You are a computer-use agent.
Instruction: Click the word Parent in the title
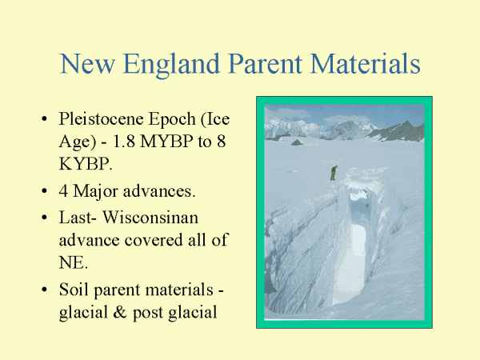(x=265, y=64)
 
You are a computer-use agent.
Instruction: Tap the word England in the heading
(x=171, y=65)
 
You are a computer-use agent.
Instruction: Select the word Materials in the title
(x=366, y=63)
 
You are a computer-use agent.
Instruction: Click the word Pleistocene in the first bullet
(x=101, y=118)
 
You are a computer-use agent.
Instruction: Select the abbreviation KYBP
(x=86, y=164)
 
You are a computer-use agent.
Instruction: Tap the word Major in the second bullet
(x=95, y=192)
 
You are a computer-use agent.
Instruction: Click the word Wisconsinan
(x=150, y=218)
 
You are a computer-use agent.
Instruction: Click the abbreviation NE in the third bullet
(x=73, y=262)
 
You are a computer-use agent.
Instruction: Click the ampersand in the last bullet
(x=119, y=312)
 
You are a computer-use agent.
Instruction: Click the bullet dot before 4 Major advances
(x=44, y=191)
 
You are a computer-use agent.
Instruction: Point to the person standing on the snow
(x=334, y=173)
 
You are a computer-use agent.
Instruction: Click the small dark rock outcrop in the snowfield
(x=296, y=142)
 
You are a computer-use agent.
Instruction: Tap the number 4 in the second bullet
(x=63, y=191)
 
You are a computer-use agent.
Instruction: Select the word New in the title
(x=87, y=64)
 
